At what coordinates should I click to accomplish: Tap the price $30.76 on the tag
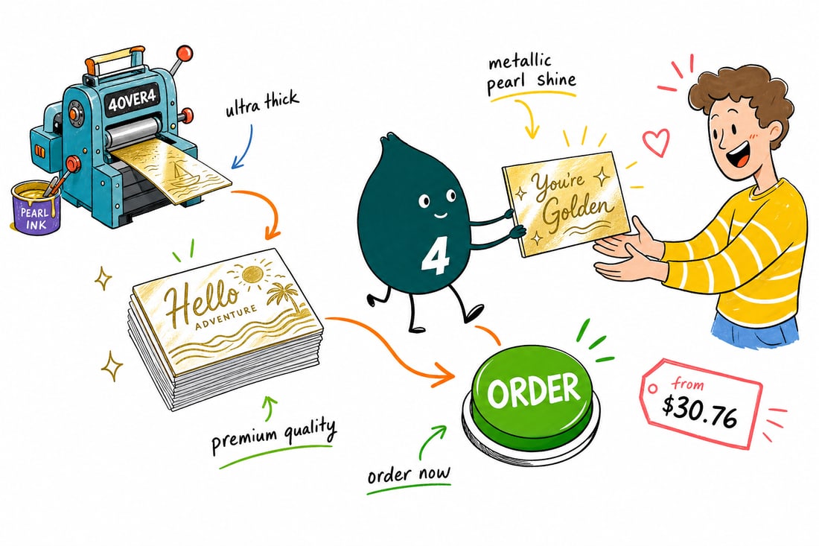coord(700,410)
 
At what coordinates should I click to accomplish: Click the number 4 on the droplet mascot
coord(435,258)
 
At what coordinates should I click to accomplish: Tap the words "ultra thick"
coord(261,104)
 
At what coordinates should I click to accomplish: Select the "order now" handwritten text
coord(409,474)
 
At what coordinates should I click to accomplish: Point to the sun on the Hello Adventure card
coord(252,274)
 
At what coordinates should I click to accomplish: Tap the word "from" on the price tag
coord(687,384)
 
